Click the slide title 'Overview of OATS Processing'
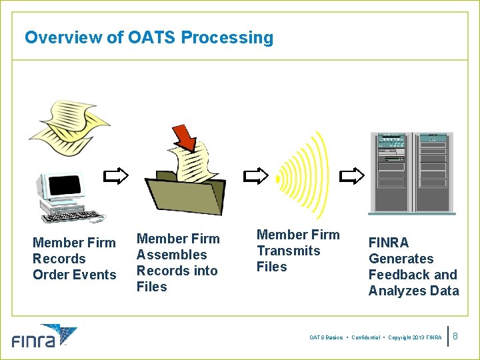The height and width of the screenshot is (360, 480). click(149, 37)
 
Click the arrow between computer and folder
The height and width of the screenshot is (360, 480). click(116, 176)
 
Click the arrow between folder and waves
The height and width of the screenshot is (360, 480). click(255, 176)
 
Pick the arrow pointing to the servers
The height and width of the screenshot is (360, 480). click(352, 176)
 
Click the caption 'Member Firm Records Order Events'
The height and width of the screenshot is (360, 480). click(74, 259)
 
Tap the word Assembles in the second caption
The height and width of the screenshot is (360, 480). click(171, 255)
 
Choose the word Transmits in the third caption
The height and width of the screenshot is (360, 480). click(289, 251)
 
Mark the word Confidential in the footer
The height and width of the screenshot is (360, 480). click(365, 338)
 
